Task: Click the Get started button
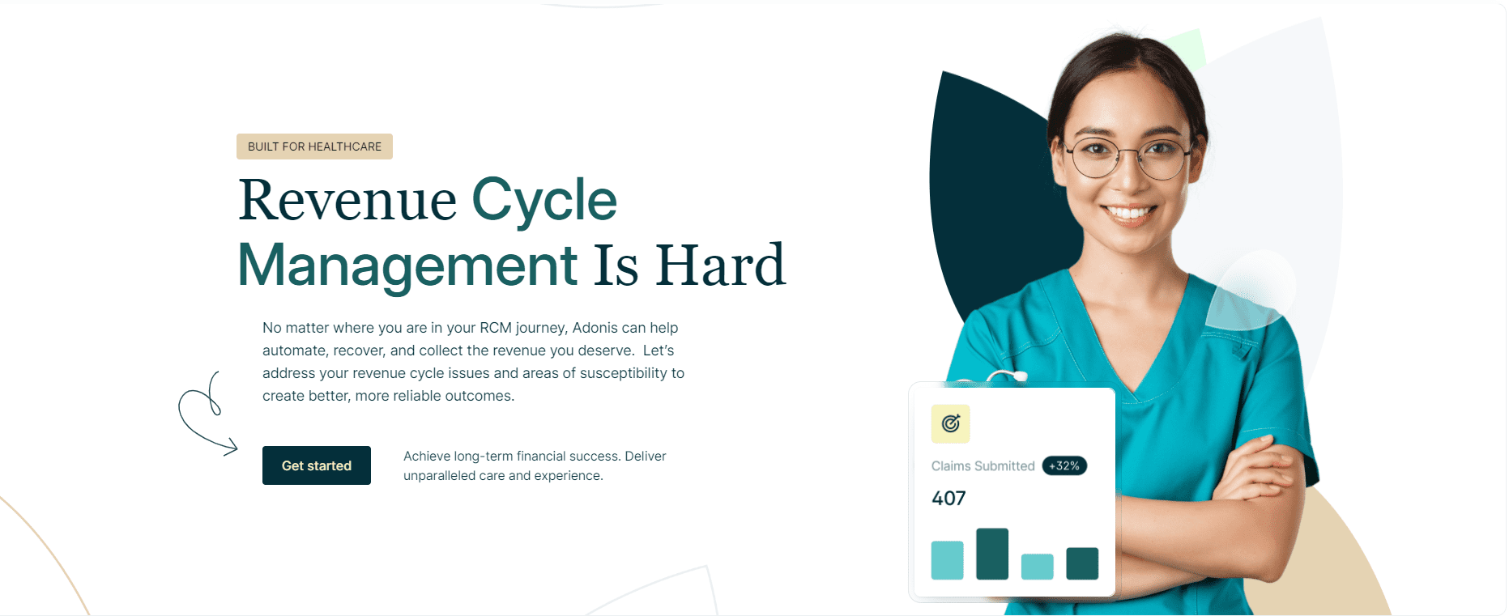tap(316, 465)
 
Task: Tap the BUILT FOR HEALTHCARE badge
tap(314, 147)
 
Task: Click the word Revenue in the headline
tap(347, 200)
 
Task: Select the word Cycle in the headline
tap(544, 200)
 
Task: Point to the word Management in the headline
tap(407, 266)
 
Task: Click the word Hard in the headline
tap(720, 266)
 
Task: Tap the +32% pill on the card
tap(1064, 466)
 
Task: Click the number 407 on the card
tap(948, 499)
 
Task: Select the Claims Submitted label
tap(983, 466)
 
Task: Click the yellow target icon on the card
tap(950, 423)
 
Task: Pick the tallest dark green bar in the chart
tap(992, 554)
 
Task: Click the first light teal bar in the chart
tap(947, 560)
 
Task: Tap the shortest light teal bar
tap(1037, 567)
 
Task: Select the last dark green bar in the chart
tap(1082, 563)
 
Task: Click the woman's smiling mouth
tap(1128, 213)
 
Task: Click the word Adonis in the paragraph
tap(595, 328)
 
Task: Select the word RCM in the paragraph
tap(496, 328)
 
